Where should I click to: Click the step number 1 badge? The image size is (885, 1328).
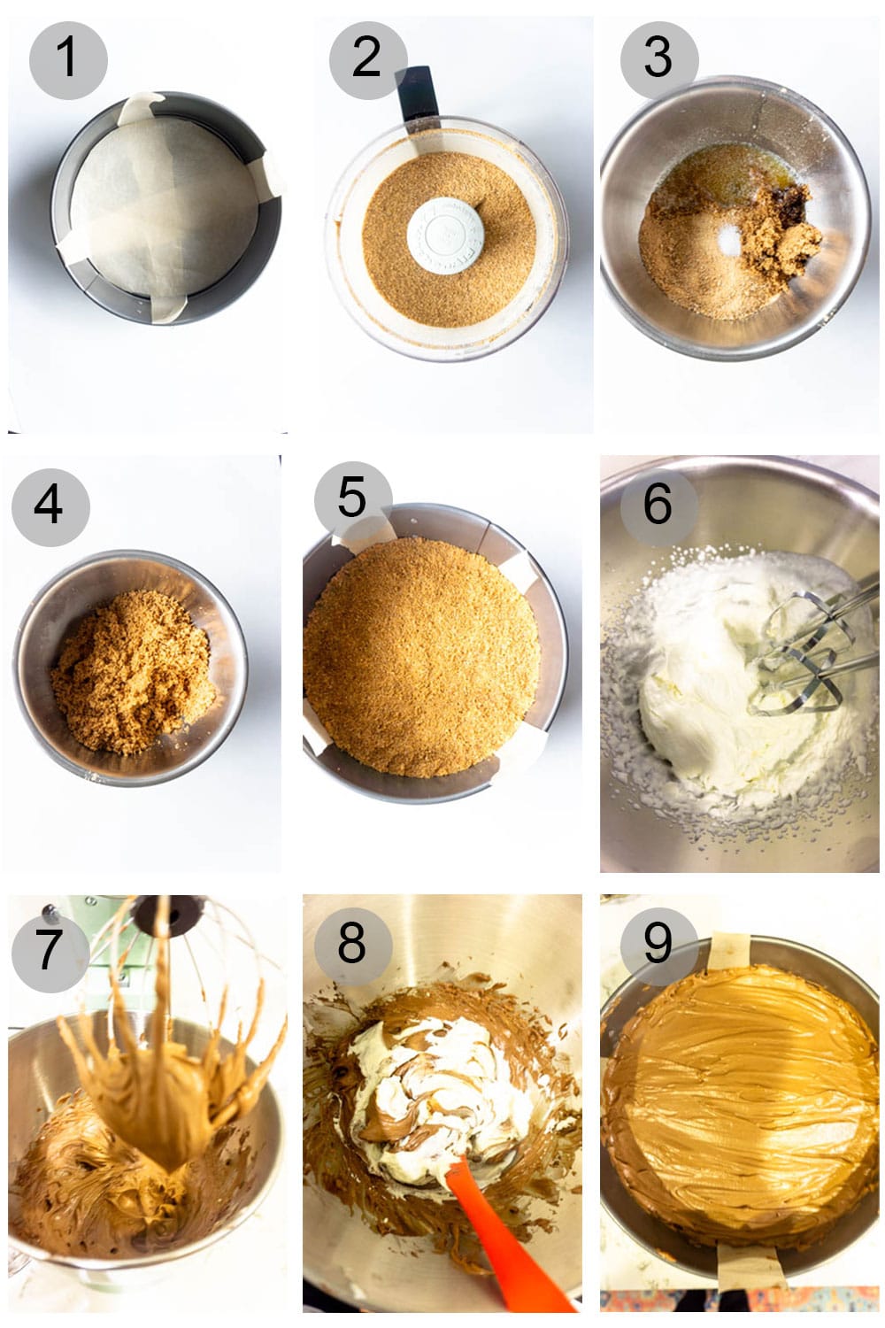67,58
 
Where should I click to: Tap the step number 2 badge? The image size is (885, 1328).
367,58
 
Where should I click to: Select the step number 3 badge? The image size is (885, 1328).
658,58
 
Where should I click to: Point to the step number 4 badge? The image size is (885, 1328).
50,506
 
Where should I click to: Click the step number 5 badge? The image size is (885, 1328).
352,498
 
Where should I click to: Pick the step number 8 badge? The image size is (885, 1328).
352,943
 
